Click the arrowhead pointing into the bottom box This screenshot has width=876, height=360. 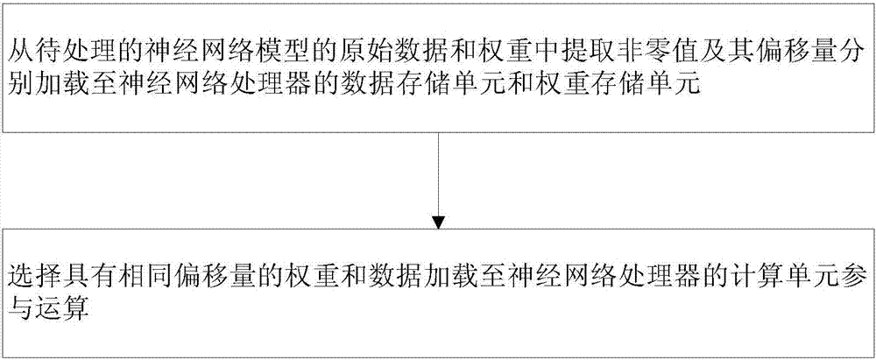point(437,218)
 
